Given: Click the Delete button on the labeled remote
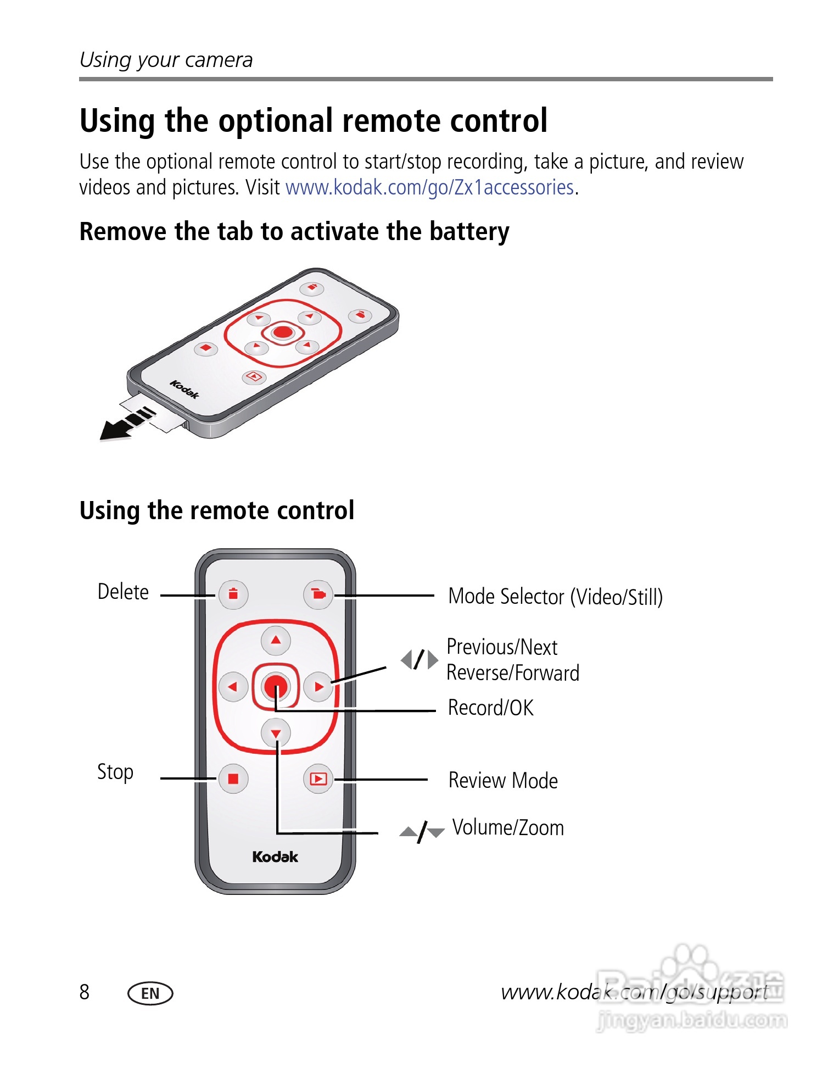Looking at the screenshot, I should [233, 594].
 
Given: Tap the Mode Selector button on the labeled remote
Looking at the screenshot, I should [318, 594].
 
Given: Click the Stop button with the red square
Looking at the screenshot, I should [233, 778].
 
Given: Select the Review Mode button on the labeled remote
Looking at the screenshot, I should [318, 778].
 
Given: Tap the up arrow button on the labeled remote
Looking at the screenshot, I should [276, 640].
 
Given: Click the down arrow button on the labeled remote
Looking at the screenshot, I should [276, 733].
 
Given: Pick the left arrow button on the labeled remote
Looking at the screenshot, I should [233, 686].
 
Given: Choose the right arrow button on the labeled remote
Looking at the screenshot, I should [318, 686].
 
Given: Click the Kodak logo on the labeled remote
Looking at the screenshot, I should [275, 856].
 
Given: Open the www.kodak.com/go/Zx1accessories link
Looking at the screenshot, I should [429, 188].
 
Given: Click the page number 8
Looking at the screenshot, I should [84, 992].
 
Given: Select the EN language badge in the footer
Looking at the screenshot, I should [150, 993].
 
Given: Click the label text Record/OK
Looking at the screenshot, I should [490, 708].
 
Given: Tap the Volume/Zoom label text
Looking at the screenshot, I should [508, 827].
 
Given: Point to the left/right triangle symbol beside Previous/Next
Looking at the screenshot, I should [419, 659].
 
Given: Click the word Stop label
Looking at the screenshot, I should [115, 772].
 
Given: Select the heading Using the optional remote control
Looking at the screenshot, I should [314, 121].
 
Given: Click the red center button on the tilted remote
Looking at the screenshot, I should [283, 332].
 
